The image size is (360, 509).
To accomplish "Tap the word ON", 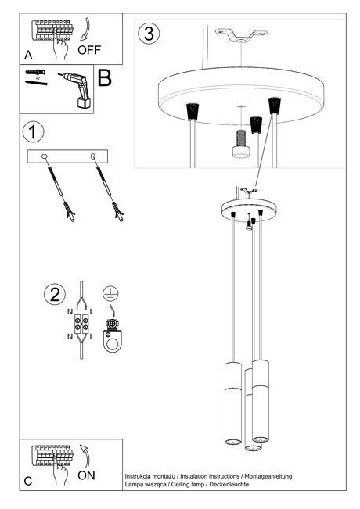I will point(87,475).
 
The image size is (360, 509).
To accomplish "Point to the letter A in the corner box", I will point(29,56).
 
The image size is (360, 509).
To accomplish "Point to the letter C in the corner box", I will point(28,481).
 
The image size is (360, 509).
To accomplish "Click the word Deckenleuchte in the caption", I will point(232,485).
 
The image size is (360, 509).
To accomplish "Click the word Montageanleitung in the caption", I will point(270,475).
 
